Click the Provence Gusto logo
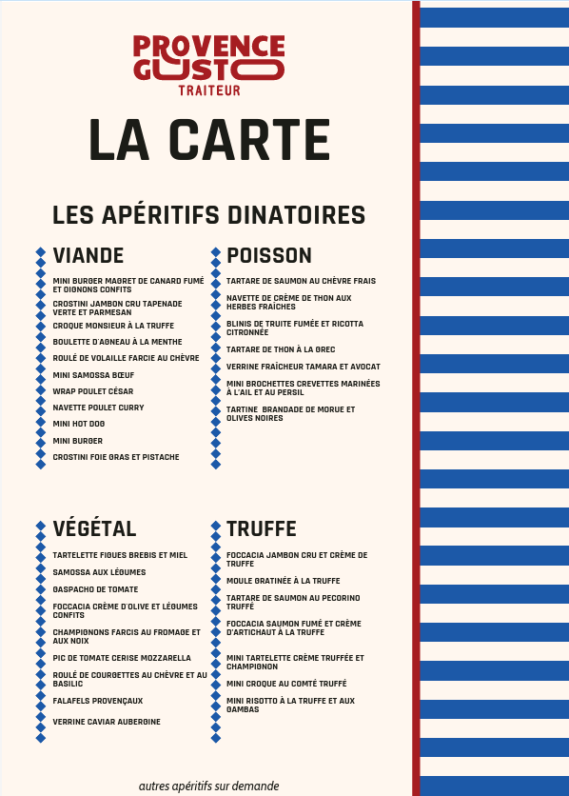[208, 58]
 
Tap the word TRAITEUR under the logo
[208, 91]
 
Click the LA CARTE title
[208, 140]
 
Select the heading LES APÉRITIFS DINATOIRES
[208, 215]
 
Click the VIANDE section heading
[88, 256]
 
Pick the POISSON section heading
[269, 256]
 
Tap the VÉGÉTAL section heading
[95, 528]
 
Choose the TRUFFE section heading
[262, 528]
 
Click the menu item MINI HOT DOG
[79, 424]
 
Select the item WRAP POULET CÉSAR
[93, 391]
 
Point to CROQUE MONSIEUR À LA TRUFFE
[113, 326]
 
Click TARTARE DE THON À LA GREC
[281, 349]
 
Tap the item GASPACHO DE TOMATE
[95, 589]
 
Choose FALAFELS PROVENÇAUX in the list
[98, 700]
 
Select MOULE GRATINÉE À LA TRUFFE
[283, 581]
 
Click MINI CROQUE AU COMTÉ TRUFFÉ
[286, 684]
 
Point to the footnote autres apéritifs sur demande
[208, 786]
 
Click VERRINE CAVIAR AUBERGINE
[107, 722]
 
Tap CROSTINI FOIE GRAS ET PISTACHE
[116, 457]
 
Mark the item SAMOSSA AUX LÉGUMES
[99, 572]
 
